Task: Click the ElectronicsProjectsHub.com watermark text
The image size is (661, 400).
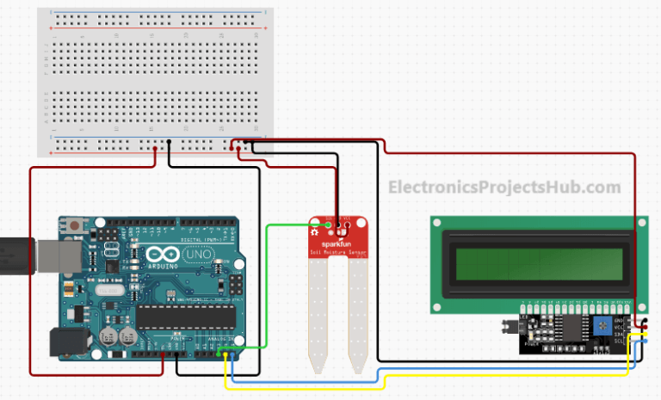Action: pos(503,187)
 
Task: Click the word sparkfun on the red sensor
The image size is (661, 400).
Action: pos(334,244)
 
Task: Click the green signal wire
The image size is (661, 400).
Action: pos(267,275)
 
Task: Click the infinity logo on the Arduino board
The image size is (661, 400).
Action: pos(162,256)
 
